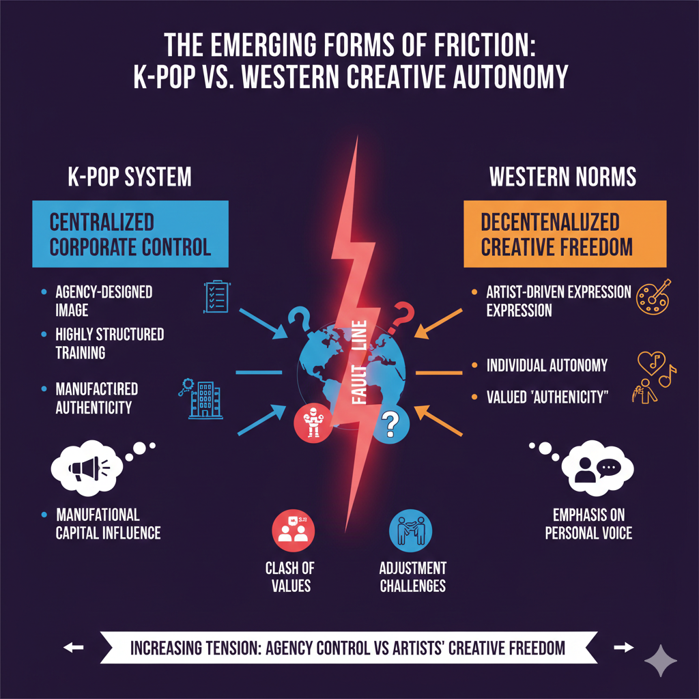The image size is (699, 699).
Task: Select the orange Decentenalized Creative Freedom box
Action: pyautogui.click(x=564, y=233)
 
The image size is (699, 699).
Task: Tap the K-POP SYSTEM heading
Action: pyautogui.click(x=129, y=177)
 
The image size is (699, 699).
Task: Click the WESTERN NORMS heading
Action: pyautogui.click(x=562, y=177)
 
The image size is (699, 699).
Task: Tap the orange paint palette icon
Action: pyautogui.click(x=653, y=296)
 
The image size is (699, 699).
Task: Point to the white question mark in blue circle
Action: pyautogui.click(x=390, y=424)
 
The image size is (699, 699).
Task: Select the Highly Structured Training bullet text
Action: pyautogui.click(x=109, y=343)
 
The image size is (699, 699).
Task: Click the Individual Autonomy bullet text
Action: pyautogui.click(x=547, y=365)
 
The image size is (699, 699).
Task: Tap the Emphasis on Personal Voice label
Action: pyautogui.click(x=588, y=524)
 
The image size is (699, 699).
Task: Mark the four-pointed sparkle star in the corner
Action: pyautogui.click(x=661, y=660)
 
